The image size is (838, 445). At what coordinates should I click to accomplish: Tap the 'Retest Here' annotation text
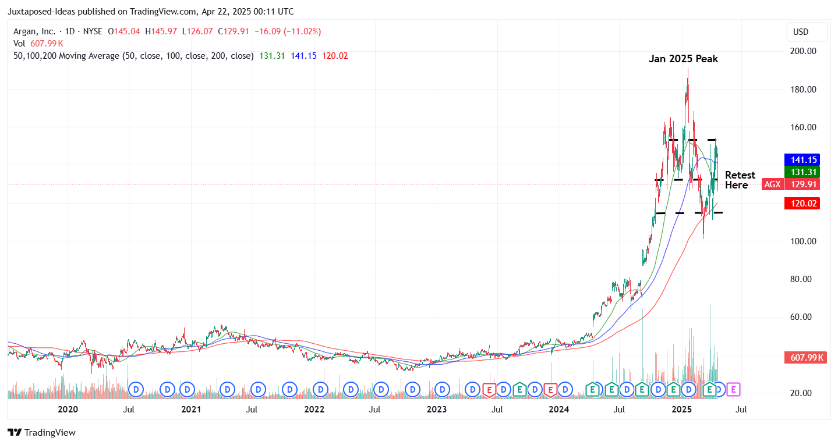740,180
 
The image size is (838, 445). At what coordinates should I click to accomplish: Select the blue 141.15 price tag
802,159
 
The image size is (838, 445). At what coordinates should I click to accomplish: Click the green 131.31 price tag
802,172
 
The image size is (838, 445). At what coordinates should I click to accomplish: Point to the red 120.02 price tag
802,204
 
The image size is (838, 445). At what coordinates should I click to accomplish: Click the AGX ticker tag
772,184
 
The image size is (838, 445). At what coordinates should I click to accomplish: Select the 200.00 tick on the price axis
802,51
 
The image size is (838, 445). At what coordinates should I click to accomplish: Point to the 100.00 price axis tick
802,241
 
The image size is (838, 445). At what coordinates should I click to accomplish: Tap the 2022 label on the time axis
314,410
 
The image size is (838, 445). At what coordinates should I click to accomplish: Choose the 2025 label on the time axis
682,410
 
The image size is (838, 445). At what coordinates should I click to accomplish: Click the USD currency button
805,32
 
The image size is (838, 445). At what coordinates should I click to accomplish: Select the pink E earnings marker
734,389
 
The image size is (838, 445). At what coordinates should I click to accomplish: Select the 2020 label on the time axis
68,410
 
